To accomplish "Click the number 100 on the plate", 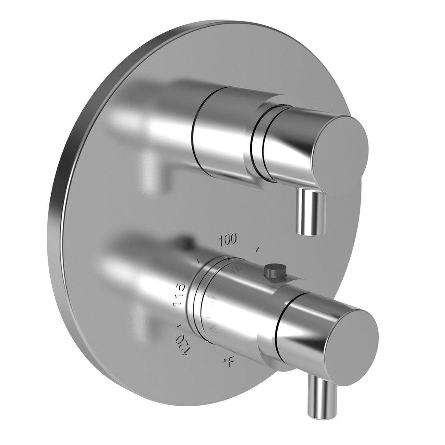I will point(227,241).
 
